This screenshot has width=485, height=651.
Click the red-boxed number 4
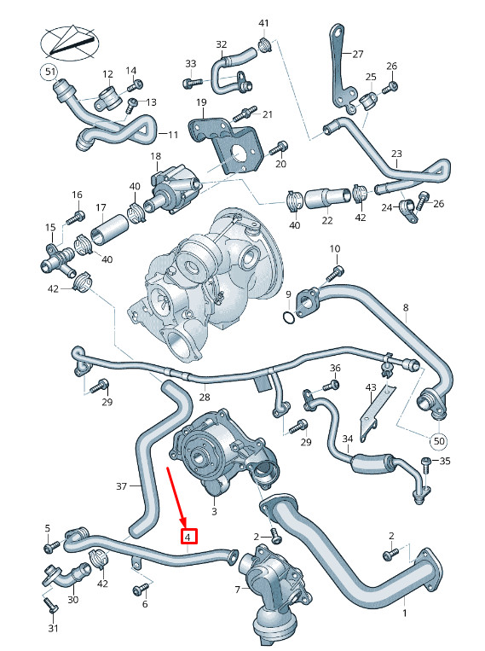click(188, 537)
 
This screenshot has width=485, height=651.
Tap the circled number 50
click(439, 441)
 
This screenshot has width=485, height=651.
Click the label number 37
click(121, 486)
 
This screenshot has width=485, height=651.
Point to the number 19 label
click(201, 103)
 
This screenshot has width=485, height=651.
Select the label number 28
click(205, 397)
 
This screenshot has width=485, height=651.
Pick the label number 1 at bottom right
click(404, 612)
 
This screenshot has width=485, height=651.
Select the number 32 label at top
click(221, 44)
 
